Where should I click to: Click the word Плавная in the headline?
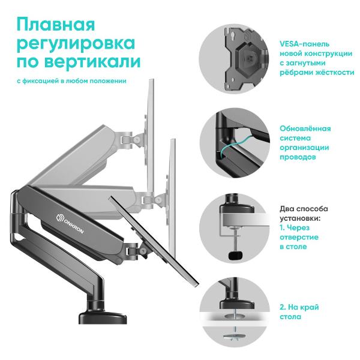click(56, 25)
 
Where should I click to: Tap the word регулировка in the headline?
click(76, 44)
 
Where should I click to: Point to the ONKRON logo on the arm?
click(70, 224)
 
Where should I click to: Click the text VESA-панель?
click(304, 44)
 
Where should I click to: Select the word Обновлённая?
click(305, 128)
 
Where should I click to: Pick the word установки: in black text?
click(300, 218)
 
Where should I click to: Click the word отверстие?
click(299, 237)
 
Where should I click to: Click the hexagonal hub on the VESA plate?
click(250, 59)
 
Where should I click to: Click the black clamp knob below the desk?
click(236, 256)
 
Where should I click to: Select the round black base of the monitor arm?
click(103, 317)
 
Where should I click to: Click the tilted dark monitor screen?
click(154, 241)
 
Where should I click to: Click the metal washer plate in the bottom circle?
click(235, 337)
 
